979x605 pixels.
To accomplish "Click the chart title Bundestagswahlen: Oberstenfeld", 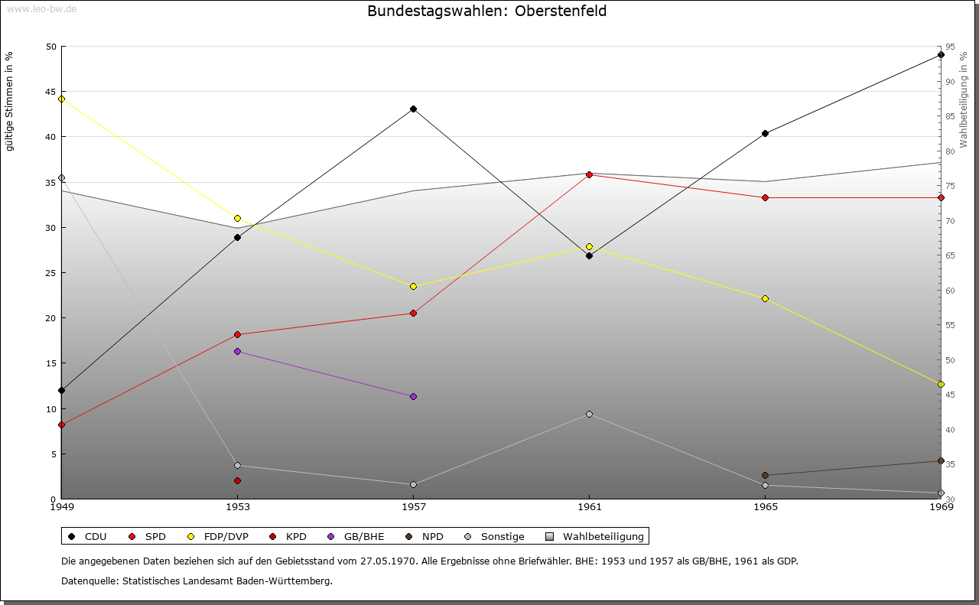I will pos(487,11).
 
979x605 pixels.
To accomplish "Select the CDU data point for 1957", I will pos(413,109).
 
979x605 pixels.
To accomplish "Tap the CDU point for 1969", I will pos(941,55).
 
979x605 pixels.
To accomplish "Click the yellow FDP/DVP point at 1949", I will pos(61,99).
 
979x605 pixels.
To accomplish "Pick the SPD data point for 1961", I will pos(589,174).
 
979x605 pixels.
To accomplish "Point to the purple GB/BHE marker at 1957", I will pos(413,396).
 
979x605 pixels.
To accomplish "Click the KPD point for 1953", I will pos(237,480).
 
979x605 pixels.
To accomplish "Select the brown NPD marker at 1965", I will pos(765,475).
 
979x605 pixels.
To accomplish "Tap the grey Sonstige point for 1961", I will pos(589,414).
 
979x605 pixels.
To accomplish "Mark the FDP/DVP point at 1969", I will pos(941,384).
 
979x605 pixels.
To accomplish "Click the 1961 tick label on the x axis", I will pos(589,506).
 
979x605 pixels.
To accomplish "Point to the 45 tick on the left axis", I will pos(51,92).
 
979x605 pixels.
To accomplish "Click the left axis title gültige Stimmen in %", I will pos(10,102).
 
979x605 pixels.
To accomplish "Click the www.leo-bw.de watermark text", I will pos(41,9).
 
